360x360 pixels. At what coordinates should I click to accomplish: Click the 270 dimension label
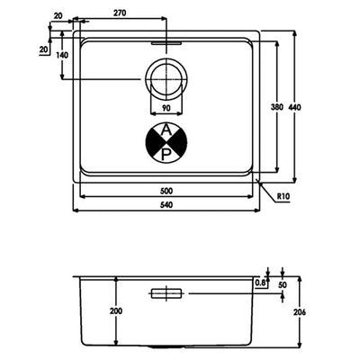[x=120, y=13]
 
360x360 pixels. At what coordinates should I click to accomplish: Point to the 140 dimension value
[x=62, y=55]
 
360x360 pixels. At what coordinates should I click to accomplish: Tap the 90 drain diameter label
[x=166, y=108]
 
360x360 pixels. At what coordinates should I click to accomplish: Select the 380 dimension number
[x=277, y=107]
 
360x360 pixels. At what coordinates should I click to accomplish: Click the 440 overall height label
[x=294, y=107]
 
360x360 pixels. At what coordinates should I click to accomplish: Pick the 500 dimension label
[x=166, y=191]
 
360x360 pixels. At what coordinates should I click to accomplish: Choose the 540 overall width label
[x=166, y=205]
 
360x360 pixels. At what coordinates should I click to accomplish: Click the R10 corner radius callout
[x=283, y=197]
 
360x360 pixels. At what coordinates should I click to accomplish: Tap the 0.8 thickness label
[x=260, y=283]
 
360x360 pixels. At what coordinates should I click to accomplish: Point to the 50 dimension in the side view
[x=283, y=284]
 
